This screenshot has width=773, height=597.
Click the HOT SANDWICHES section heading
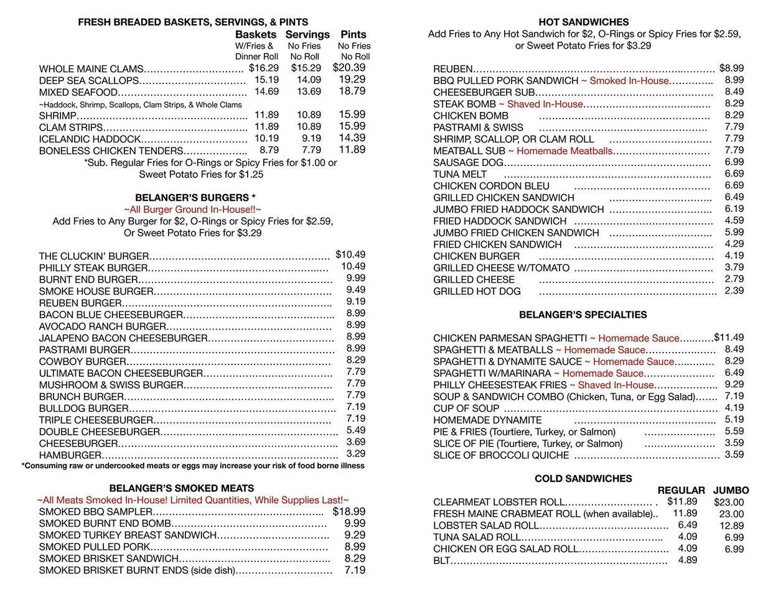(583, 22)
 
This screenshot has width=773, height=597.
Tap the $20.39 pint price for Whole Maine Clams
(349, 68)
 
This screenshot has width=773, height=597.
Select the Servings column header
(307, 35)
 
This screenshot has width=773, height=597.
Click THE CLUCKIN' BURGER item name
(94, 256)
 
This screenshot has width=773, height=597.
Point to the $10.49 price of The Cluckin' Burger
(350, 254)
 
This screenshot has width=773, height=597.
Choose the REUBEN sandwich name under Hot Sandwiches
(453, 68)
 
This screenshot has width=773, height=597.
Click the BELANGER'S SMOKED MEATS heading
(182, 488)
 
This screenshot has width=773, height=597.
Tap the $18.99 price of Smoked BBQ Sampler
(349, 512)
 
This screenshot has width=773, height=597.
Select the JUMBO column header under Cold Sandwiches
(731, 490)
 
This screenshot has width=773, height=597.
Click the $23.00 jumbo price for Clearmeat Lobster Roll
(729, 502)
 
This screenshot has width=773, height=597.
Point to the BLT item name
(441, 560)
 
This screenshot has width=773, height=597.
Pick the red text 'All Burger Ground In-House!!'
(192, 210)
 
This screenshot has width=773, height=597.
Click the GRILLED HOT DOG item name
(477, 291)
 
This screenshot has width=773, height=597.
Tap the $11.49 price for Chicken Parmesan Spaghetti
(729, 338)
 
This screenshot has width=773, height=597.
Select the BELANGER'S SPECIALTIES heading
(583, 315)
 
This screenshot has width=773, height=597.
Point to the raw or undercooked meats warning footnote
(193, 466)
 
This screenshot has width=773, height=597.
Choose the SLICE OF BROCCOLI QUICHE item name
(501, 455)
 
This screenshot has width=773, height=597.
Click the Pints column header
(354, 35)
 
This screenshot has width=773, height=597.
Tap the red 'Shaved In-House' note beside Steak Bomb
(545, 104)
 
